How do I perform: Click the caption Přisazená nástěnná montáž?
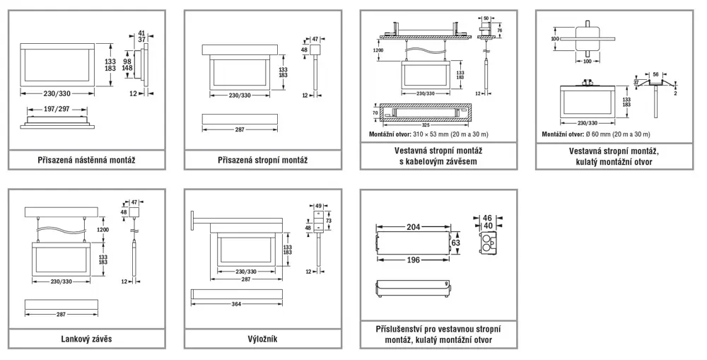(x=86, y=160)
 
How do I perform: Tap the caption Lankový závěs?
(x=86, y=339)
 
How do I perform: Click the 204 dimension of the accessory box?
(x=414, y=227)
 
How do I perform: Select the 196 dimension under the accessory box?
(x=414, y=260)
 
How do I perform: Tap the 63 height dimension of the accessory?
(x=456, y=243)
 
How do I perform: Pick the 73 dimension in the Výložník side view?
(x=328, y=221)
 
